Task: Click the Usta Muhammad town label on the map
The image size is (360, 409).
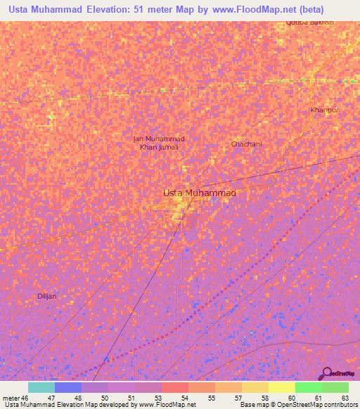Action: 199,193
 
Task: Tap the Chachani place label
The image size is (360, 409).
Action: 246,144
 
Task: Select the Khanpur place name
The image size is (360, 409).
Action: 324,110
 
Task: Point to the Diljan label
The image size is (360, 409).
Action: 47,296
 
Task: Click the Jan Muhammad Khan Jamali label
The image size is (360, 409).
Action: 159,143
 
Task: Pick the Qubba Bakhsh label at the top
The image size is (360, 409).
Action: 309,22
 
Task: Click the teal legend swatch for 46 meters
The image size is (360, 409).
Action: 41,387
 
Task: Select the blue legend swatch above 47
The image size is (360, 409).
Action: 67,387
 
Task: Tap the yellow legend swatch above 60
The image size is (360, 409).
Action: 281,387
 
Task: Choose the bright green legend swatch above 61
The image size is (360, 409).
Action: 308,387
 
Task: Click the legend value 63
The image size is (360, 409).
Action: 345,398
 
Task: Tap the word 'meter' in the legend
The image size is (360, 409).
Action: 11,398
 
